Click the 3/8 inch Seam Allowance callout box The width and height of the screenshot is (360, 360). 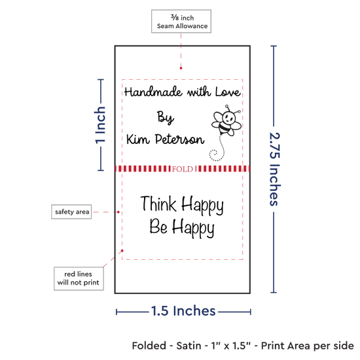tap(181, 21)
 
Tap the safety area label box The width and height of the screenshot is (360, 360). tap(71, 211)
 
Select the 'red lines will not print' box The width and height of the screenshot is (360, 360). tap(79, 278)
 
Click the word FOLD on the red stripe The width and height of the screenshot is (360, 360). tap(183, 170)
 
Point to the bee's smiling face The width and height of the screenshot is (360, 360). tap(229, 117)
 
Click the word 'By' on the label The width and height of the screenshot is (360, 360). tap(166, 118)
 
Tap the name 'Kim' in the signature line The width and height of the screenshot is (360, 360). tap(137, 139)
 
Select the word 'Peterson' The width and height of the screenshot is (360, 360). tap(179, 139)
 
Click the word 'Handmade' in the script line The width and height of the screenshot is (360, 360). tap(153, 92)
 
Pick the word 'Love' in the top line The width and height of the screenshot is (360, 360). tap(228, 92)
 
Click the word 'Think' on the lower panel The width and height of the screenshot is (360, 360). tap(158, 204)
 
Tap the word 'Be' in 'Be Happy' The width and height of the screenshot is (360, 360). tap(158, 226)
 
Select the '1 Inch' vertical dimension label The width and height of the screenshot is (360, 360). tap(100, 125)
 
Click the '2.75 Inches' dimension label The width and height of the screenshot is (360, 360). tap(275, 169)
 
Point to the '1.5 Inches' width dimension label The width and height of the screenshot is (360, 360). tap(183, 311)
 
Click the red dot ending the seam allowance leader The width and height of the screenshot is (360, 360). tap(181, 68)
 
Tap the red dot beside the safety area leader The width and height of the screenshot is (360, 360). tap(118, 212)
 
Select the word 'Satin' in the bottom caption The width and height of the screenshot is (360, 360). tap(189, 346)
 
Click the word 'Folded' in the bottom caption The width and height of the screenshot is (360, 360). tap(149, 346)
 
